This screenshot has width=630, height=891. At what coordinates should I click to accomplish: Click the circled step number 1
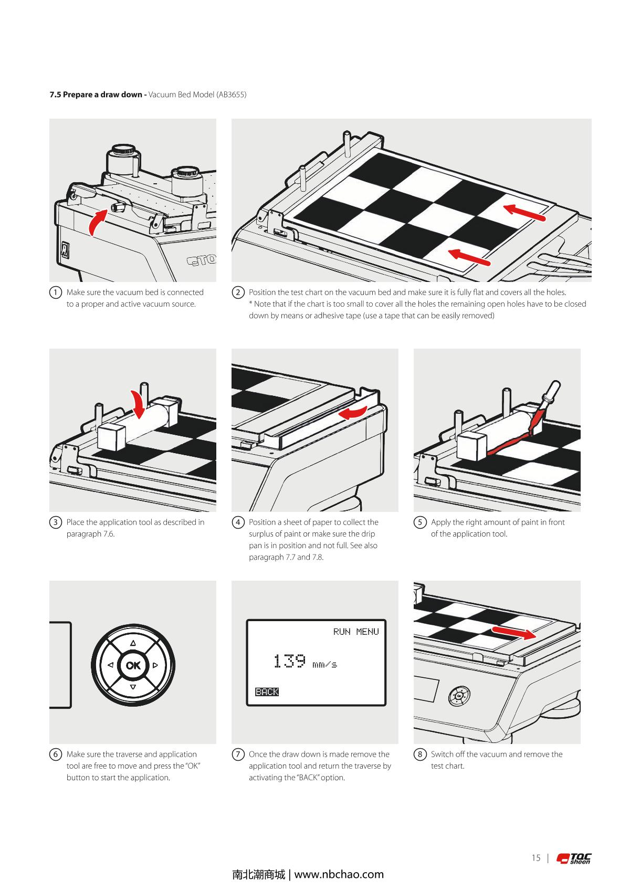(x=55, y=292)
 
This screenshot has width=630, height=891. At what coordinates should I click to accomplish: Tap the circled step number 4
(x=238, y=522)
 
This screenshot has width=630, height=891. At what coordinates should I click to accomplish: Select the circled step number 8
(x=420, y=754)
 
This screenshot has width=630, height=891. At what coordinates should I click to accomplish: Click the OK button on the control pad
(x=133, y=665)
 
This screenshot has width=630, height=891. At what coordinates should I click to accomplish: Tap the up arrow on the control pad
(x=133, y=643)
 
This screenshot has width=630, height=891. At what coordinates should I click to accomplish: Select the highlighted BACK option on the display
(x=267, y=691)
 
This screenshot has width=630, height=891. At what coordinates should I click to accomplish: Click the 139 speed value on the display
(x=290, y=661)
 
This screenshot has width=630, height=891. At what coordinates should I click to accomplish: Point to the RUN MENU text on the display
(x=356, y=632)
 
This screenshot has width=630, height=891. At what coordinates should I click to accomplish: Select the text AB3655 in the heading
(x=231, y=95)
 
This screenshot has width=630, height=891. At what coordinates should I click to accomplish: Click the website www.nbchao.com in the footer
(x=339, y=874)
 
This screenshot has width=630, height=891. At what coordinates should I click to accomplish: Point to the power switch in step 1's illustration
(x=65, y=250)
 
